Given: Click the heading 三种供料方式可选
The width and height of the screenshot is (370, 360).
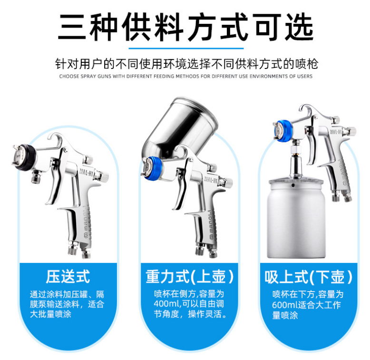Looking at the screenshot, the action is [185, 27].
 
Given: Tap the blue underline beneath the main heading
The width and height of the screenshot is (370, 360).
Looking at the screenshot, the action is [186, 49].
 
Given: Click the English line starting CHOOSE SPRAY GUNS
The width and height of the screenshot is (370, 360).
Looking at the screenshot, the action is [185, 77].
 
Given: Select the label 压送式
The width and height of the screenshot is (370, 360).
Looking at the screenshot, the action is [68, 276].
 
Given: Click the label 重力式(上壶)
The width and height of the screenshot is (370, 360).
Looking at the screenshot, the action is [189, 276].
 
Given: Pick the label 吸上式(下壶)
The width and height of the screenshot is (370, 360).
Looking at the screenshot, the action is [308, 277].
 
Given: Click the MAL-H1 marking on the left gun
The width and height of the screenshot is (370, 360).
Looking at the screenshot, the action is [87, 173].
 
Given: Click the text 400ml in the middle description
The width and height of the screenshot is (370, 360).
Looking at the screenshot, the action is [166, 304].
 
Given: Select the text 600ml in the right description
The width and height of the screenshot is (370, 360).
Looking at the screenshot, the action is [284, 305].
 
